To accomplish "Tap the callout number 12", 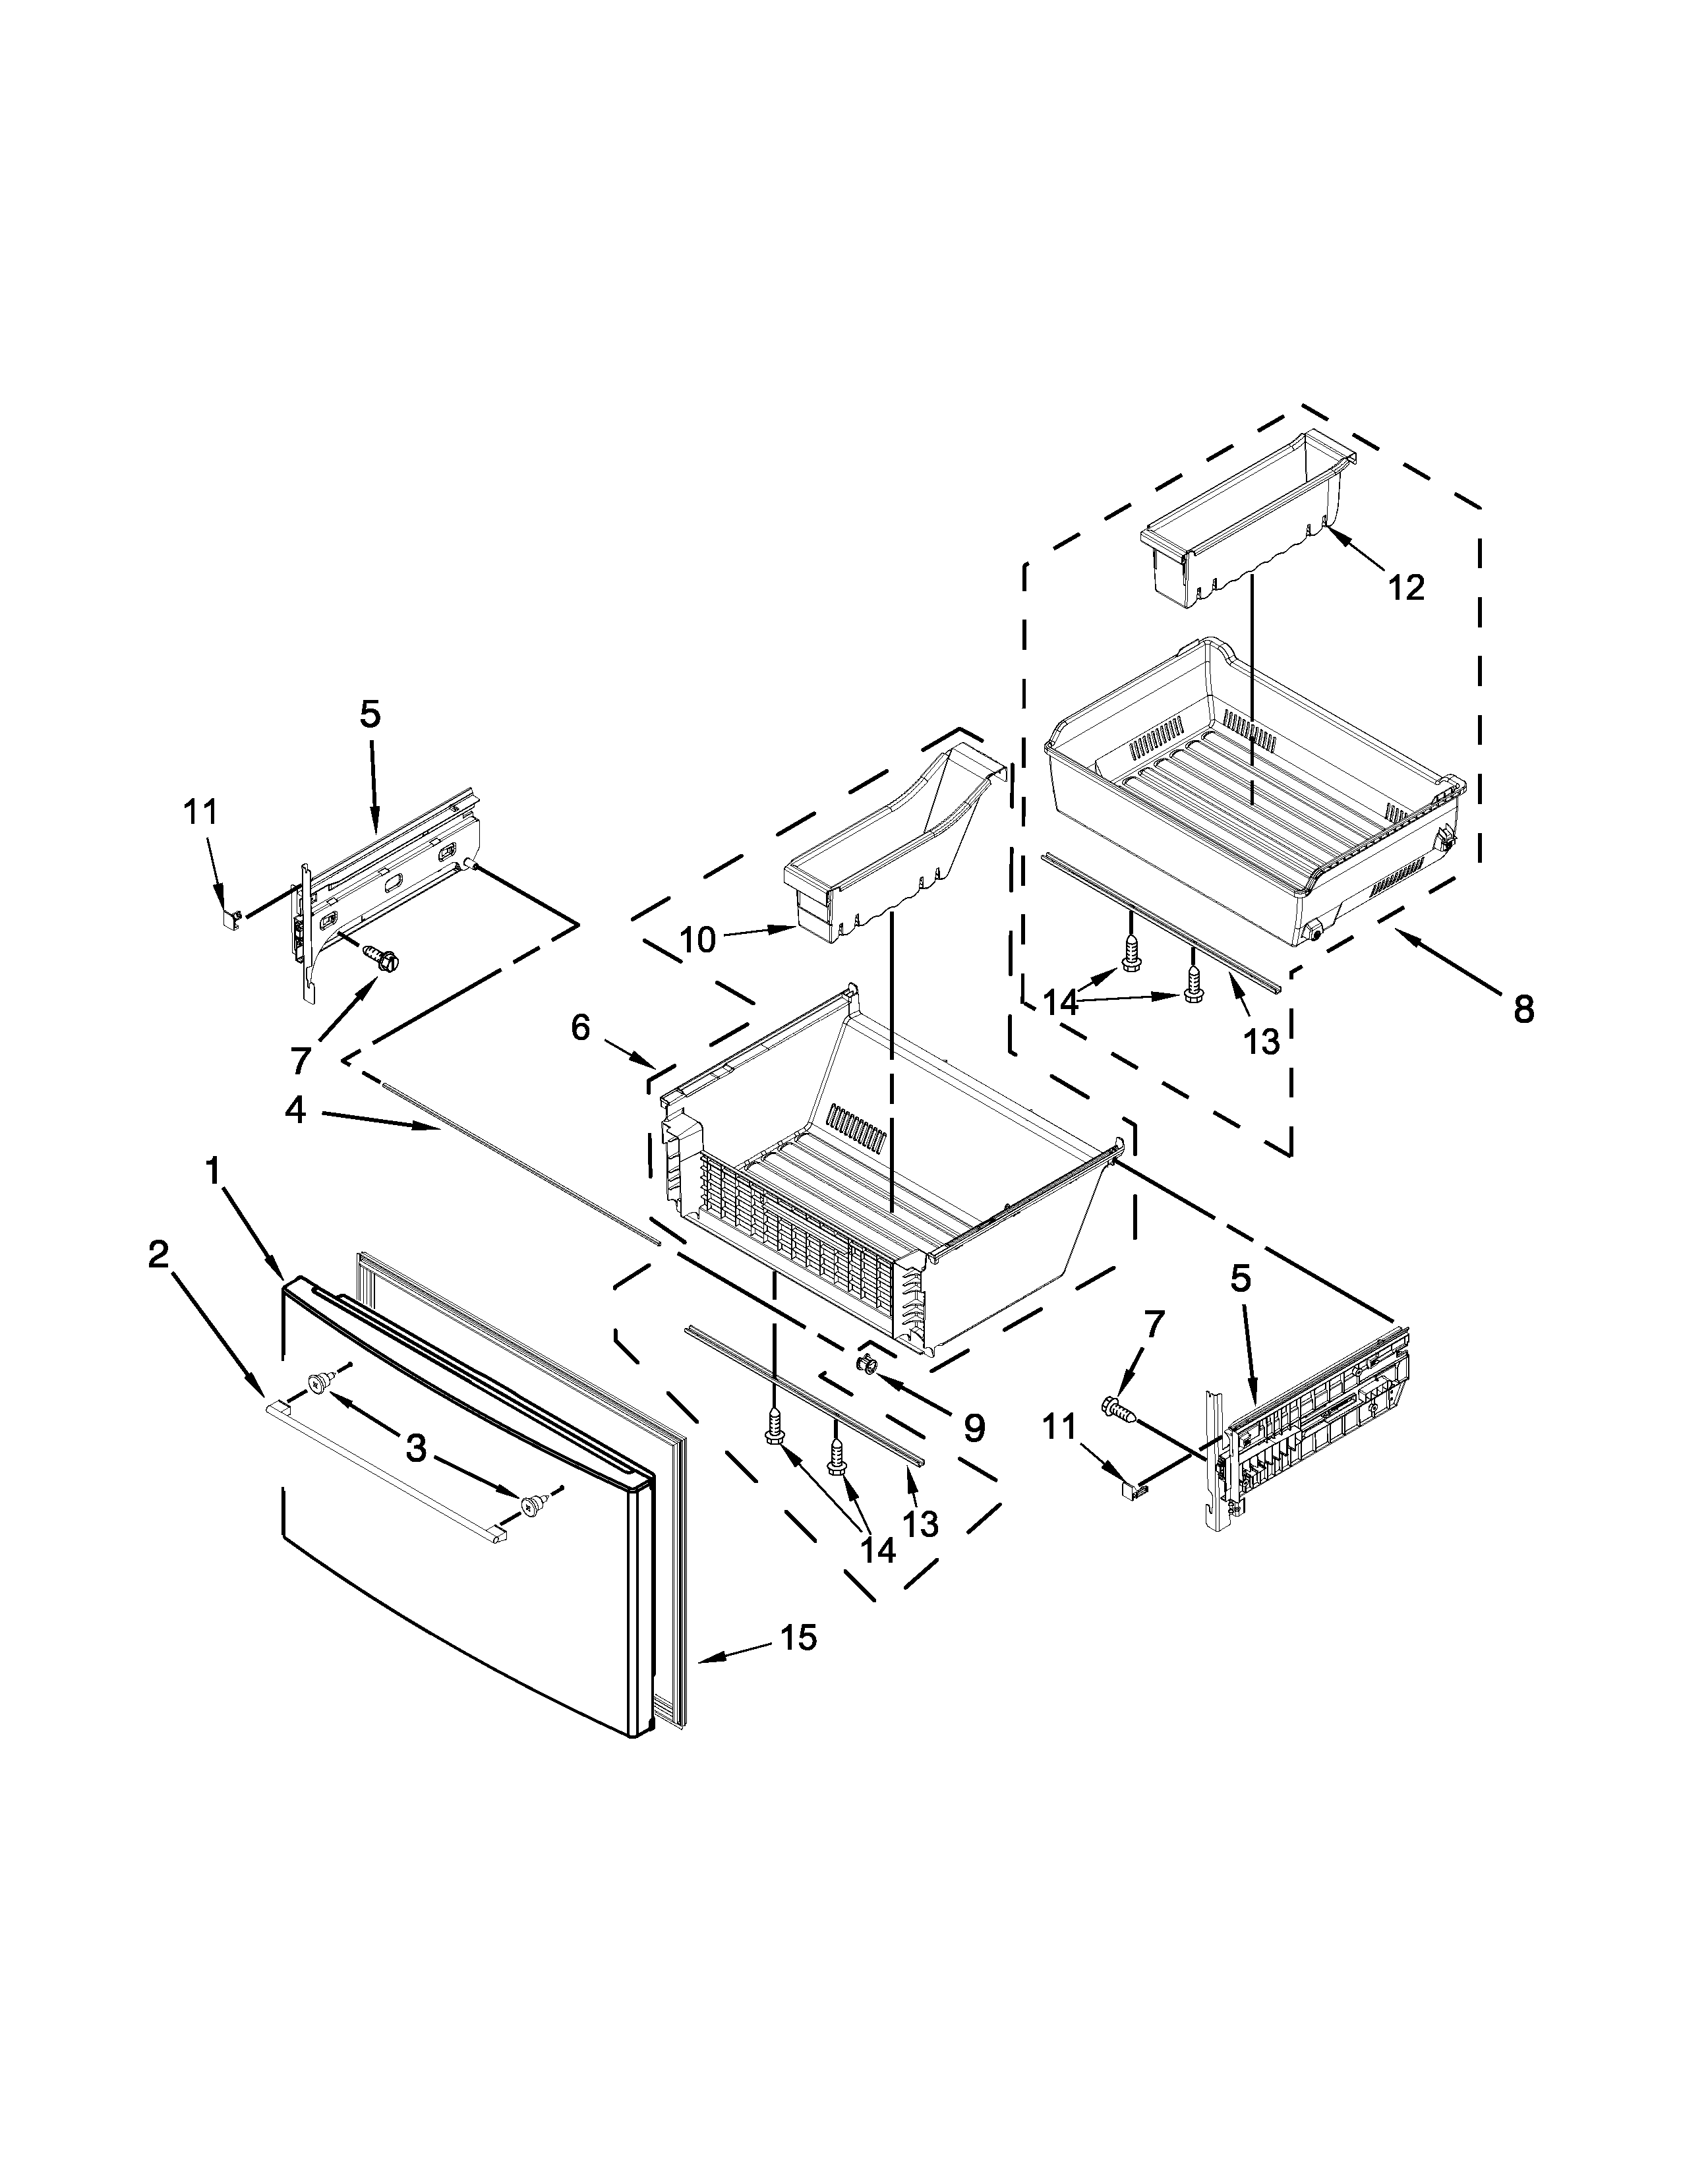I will [1406, 587].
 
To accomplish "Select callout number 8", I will [1523, 1010].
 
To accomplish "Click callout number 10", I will [698, 939].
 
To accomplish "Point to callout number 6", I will [581, 1027].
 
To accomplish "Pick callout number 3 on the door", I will [416, 1449].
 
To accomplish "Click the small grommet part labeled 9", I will [866, 1362].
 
